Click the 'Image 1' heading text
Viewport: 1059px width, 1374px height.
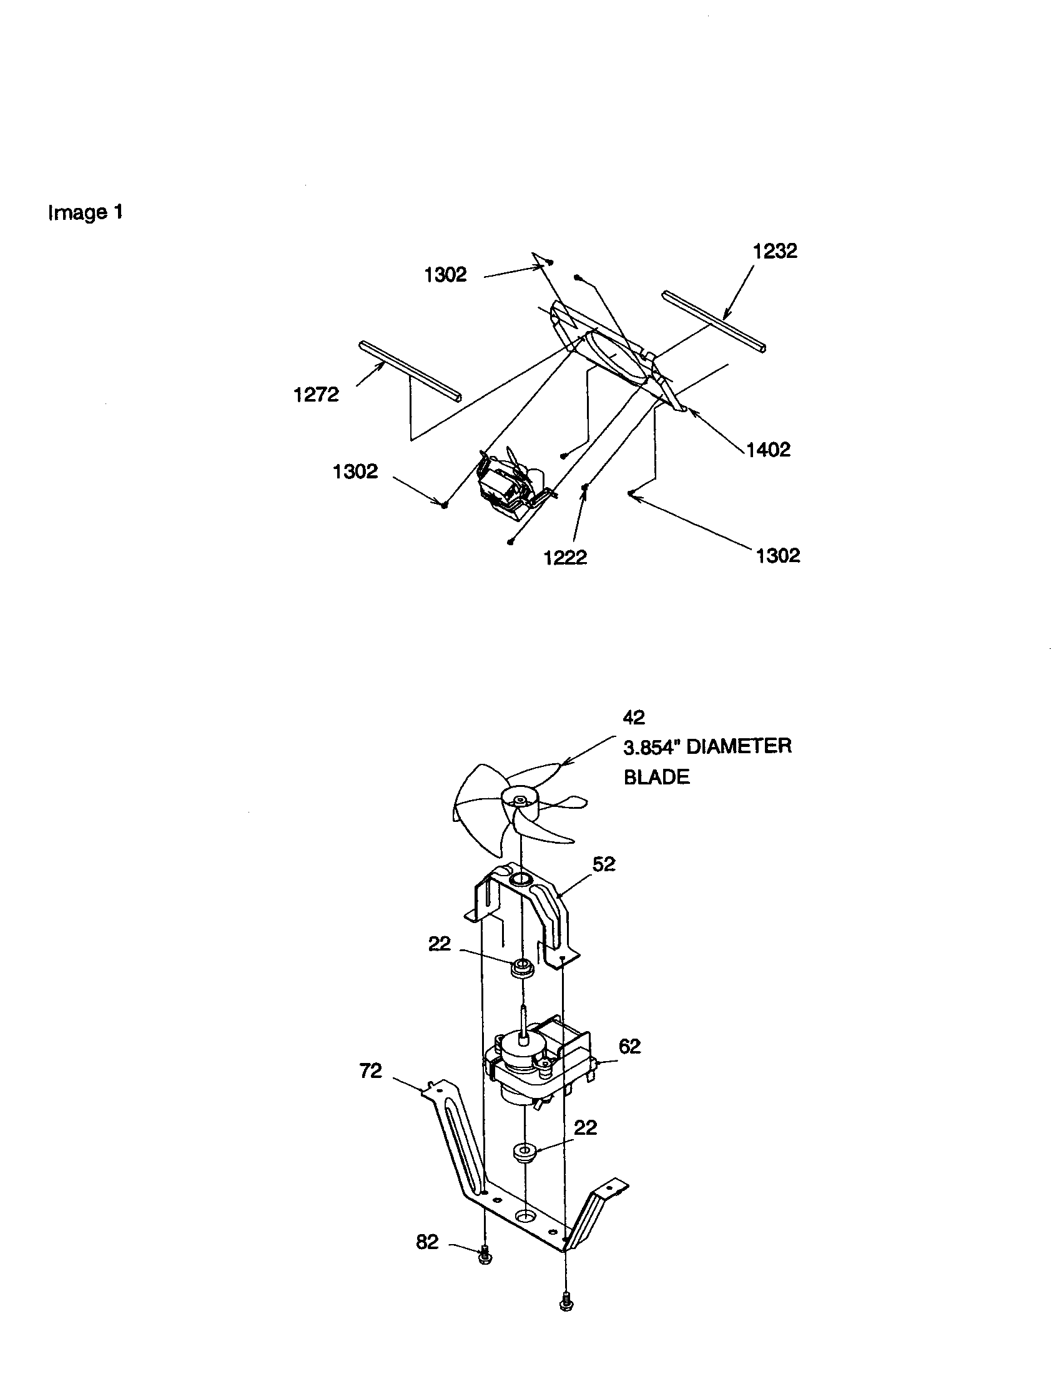86,212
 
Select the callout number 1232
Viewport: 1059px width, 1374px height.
775,251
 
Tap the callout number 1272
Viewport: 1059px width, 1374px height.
317,395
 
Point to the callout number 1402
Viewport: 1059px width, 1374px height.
768,449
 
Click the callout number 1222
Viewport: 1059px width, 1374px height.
564,556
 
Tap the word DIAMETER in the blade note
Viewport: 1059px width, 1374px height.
738,746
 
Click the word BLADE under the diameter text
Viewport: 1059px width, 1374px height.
656,777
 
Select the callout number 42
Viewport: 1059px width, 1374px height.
634,716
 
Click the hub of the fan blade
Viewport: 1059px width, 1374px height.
520,800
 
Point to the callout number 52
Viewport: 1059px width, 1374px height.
604,864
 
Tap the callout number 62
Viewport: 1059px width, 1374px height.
629,1046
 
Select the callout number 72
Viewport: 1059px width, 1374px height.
370,1070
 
